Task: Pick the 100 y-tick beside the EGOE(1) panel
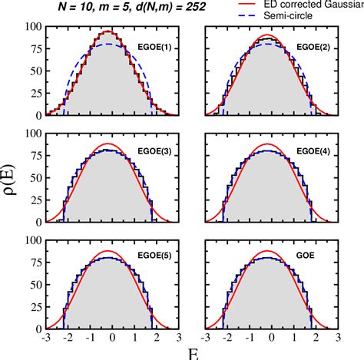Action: tap(31, 28)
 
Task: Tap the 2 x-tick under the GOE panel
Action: tap(315, 335)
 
